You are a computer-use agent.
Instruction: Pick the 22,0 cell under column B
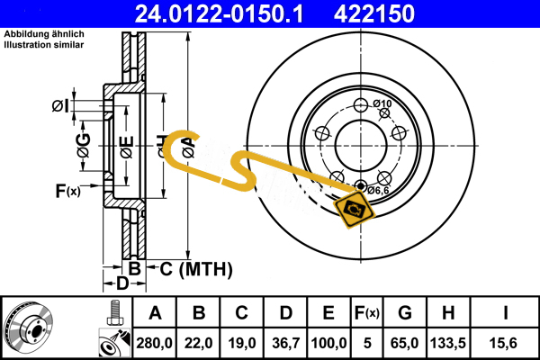pyautogui.click(x=199, y=342)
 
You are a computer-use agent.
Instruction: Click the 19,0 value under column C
pyautogui.click(x=242, y=342)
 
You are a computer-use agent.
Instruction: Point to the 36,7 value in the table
pyautogui.click(x=285, y=342)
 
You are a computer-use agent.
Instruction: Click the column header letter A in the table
pyautogui.click(x=155, y=313)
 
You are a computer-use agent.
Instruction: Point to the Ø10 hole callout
pyautogui.click(x=382, y=104)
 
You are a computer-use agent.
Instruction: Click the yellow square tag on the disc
pyautogui.click(x=353, y=210)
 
